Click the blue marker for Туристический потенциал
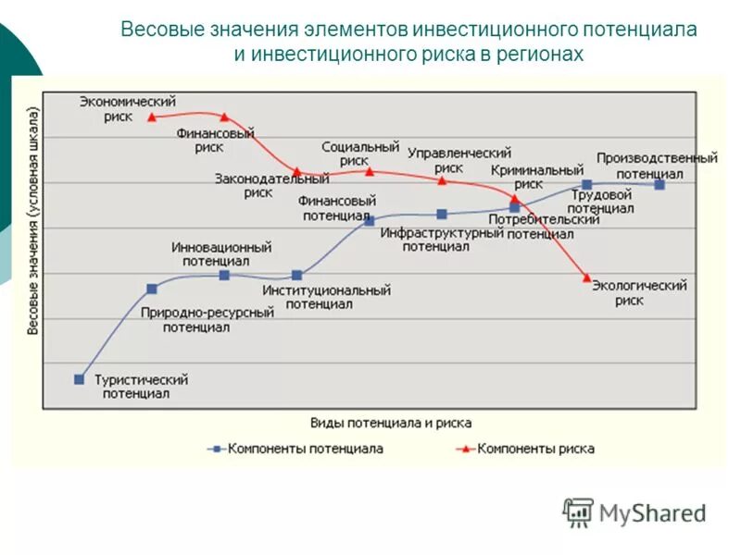point(80,379)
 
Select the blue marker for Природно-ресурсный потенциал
point(152,289)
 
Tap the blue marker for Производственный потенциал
point(659,184)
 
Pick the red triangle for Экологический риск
point(586,277)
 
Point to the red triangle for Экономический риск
point(152,117)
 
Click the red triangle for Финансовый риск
point(224,117)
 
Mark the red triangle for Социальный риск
point(370,171)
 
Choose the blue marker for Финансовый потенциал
point(370,220)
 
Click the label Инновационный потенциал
point(221,253)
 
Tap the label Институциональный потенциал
point(325,296)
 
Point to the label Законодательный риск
point(271,185)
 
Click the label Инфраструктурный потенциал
point(441,240)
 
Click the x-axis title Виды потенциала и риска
point(391,423)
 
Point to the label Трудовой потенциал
point(601,202)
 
